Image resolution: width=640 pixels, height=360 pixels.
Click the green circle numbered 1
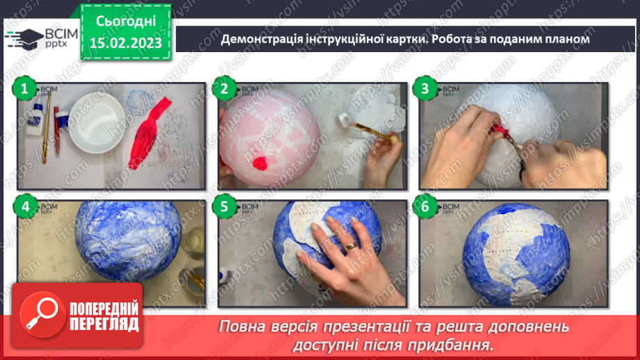25,89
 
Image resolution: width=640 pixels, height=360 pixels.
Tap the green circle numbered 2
224,89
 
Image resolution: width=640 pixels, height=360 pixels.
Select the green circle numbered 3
423,89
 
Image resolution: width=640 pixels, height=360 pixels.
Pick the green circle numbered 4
25,206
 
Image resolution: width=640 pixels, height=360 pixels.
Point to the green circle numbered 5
224,206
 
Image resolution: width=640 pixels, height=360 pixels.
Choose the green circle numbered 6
423,206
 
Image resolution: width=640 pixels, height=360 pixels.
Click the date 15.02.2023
126,43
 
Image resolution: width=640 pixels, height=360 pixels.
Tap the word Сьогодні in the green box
126,21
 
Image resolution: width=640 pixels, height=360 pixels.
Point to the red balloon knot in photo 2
260,164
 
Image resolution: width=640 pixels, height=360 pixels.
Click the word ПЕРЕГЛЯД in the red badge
104,325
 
